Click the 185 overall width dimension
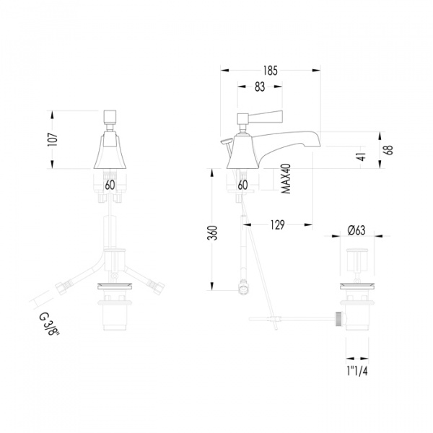click(270, 71)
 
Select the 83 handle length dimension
click(260, 87)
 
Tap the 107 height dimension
click(53, 139)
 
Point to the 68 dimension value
click(389, 149)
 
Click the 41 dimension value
click(362, 157)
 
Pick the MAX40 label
click(286, 179)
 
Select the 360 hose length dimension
click(212, 233)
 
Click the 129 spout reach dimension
click(277, 224)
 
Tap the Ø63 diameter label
click(357, 230)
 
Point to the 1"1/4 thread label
click(357, 372)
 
